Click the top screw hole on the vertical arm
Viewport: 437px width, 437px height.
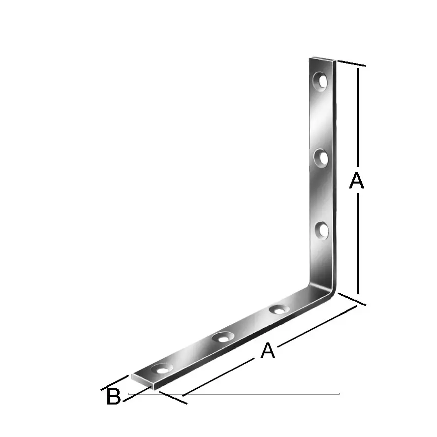click(320, 81)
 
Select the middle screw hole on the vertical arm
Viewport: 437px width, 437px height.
click(321, 158)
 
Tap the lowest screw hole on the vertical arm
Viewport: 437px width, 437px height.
click(322, 231)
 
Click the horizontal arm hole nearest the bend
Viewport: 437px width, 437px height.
click(279, 310)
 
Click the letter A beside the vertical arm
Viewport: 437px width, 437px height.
click(357, 181)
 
